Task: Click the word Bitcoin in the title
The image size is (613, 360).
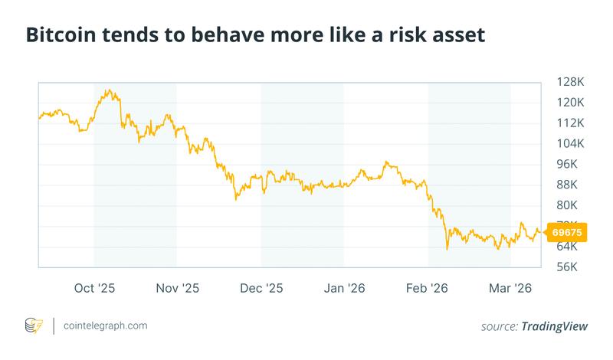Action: pyautogui.click(x=62, y=35)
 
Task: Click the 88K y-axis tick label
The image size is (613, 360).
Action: pyautogui.click(x=568, y=185)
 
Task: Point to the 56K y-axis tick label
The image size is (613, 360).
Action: pyautogui.click(x=568, y=267)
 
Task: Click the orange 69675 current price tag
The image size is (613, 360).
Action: pyautogui.click(x=569, y=232)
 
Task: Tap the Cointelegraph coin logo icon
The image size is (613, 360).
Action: pyautogui.click(x=34, y=326)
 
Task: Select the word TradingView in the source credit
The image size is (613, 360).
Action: pyautogui.click(x=555, y=326)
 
